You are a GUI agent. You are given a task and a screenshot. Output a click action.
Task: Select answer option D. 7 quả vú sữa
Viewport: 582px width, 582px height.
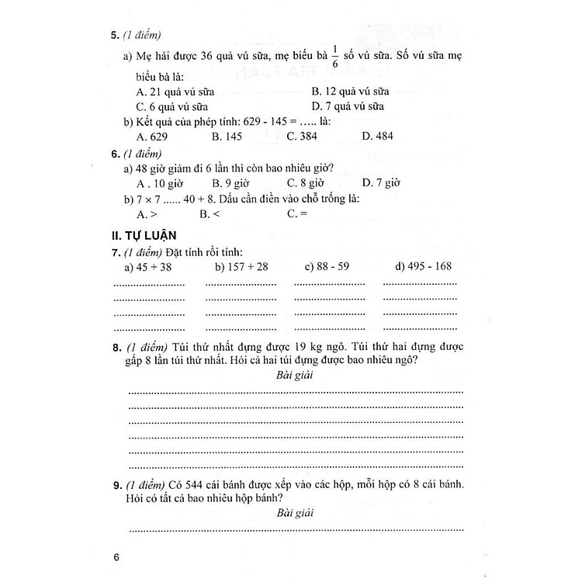(348, 106)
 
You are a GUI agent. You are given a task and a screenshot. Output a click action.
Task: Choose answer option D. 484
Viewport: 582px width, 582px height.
(378, 137)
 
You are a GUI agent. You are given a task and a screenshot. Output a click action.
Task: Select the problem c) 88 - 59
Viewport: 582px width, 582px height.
(326, 267)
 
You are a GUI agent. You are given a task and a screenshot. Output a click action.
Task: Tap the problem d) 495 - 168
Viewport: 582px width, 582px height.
(423, 267)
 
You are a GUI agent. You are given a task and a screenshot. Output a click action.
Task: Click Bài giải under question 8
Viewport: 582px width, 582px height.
(294, 376)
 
